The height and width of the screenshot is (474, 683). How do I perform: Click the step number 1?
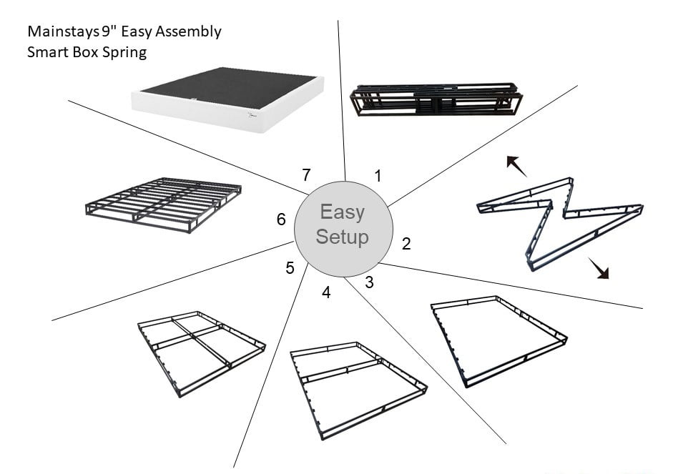pos(378,175)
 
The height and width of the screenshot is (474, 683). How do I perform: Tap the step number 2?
pos(406,244)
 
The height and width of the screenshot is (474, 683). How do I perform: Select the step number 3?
pos(369,282)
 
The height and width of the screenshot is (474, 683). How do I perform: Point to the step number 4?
pos(326,292)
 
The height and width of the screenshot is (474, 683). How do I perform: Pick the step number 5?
pos(290,268)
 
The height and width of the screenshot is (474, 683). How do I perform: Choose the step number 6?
pos(281,219)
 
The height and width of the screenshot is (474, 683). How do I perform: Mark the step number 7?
pos(306,174)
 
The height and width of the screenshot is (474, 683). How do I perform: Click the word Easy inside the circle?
pos(342,212)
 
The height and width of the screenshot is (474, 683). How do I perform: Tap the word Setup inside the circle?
pos(342,237)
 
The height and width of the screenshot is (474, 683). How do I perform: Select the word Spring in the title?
pos(126,52)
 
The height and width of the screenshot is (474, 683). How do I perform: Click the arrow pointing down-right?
pos(599,270)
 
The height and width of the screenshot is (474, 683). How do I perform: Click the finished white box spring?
pos(227,99)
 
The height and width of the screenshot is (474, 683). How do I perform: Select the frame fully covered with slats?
pos(164,204)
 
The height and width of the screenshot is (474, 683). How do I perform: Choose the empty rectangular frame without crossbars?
pos(498,340)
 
